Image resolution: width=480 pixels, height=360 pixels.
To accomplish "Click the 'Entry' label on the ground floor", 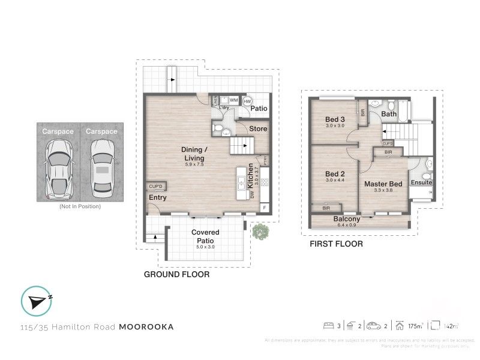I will coord(158,197).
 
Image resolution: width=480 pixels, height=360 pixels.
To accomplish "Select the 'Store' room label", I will coord(258,128).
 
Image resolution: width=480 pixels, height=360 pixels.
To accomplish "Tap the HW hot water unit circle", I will coord(247,101).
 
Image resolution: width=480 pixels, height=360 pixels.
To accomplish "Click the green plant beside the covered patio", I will coord(260,232).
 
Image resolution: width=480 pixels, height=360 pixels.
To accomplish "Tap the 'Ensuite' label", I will coord(421,182).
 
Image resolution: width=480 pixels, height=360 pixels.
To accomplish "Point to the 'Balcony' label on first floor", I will coord(347,219).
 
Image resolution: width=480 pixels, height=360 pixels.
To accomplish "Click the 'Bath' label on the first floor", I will coord(389,114).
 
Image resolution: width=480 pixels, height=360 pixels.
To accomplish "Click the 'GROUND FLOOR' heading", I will coord(176,274).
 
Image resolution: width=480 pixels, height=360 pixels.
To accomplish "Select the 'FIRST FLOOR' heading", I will coord(336,244).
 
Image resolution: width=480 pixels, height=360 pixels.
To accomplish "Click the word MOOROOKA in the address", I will coord(146,327).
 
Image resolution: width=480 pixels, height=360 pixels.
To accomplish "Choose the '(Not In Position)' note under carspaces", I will coord(80,206).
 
